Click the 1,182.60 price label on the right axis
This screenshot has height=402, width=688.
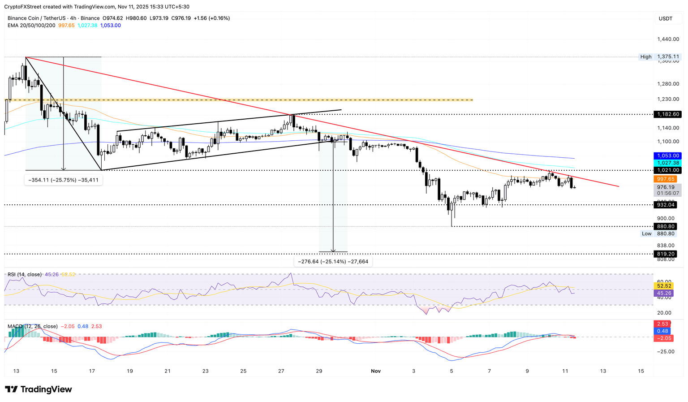click(667, 114)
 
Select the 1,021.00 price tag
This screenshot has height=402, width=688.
click(667, 170)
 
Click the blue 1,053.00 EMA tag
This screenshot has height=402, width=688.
click(667, 156)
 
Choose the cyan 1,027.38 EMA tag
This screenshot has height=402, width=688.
click(667, 163)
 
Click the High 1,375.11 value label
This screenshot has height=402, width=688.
click(667, 57)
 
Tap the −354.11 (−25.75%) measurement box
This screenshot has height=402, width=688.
click(64, 180)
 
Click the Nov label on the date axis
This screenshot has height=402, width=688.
click(375, 371)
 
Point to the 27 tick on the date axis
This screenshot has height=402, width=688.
click(281, 371)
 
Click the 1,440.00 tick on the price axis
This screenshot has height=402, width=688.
click(668, 39)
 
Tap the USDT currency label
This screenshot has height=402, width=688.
click(665, 18)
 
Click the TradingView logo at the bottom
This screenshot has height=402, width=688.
click(39, 389)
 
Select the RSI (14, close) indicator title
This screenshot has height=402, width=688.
click(25, 274)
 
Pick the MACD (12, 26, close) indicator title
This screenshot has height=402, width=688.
click(33, 326)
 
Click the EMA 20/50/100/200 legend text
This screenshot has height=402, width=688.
click(31, 26)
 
